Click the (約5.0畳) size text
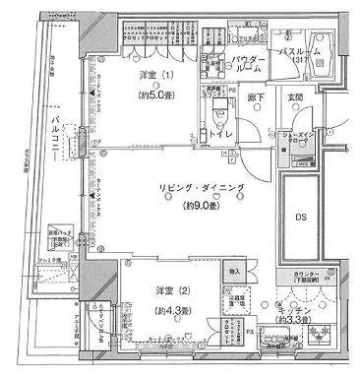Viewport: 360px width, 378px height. [152, 96]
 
